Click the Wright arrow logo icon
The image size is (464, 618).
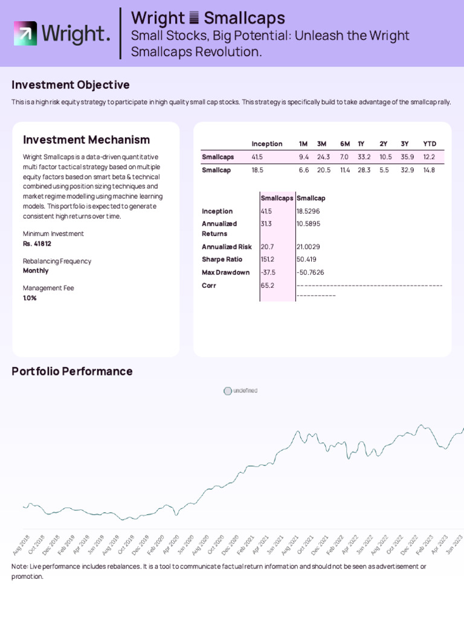(25, 34)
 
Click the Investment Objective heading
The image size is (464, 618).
(70, 85)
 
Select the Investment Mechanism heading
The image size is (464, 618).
(86, 140)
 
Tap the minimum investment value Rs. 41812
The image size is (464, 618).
(37, 244)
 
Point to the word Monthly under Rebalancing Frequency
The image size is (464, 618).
(36, 271)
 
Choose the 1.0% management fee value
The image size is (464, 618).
(30, 298)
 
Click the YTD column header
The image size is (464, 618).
(429, 144)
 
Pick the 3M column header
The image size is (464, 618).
(321, 144)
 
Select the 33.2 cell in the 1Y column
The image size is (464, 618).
(364, 157)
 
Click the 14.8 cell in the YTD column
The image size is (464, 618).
(429, 170)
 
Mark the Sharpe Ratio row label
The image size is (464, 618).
(222, 260)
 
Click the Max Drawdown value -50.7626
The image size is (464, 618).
(310, 272)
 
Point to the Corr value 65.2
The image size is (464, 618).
(267, 285)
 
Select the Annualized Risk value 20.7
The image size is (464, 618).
(267, 247)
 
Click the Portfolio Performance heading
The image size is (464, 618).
(72, 371)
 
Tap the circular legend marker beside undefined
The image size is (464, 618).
(227, 391)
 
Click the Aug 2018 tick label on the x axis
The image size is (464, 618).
(21, 544)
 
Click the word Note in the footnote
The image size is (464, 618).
(19, 567)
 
